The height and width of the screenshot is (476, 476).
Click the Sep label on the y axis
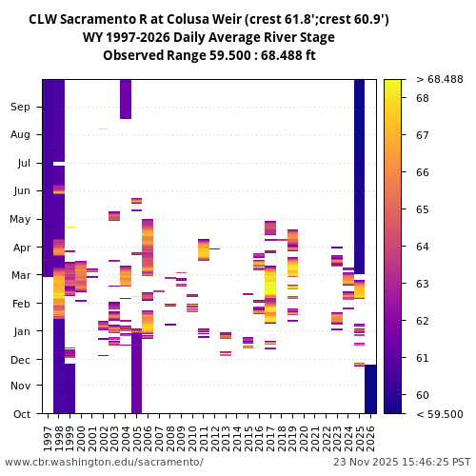21,107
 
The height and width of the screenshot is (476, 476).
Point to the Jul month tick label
23,163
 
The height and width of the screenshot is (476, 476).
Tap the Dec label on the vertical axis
21,359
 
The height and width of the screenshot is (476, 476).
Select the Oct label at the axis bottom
22,413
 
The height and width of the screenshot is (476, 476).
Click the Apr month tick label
22,247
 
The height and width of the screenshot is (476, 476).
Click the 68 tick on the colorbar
423,98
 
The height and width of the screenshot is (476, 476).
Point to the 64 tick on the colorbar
423,247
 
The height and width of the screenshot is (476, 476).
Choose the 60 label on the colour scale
423,395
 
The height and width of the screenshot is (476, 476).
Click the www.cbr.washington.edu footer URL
104,462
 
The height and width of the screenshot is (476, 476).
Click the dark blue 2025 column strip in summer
359,171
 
